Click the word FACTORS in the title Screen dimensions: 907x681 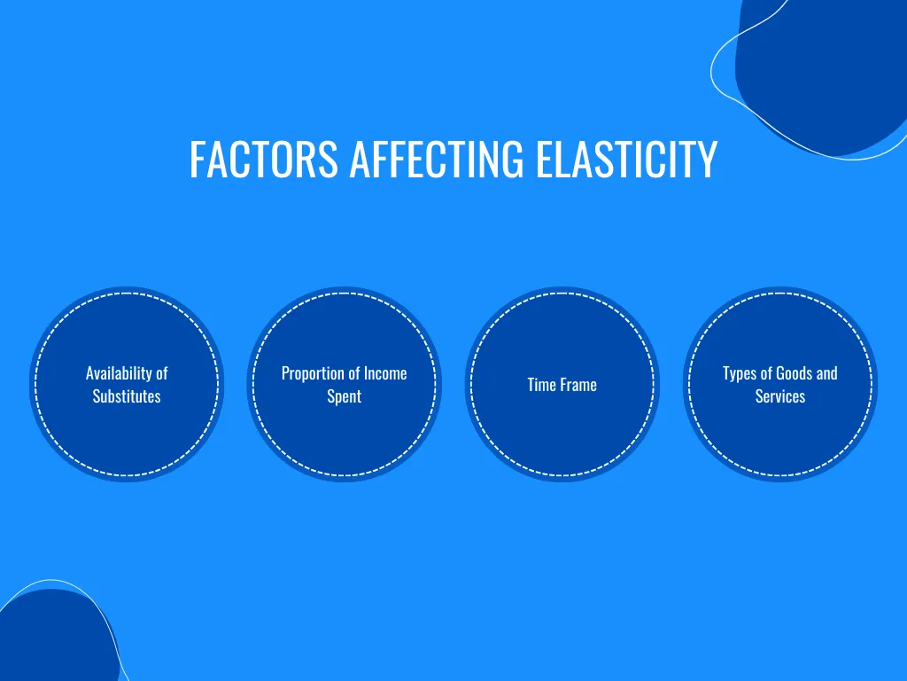[264, 159]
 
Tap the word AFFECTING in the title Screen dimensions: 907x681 [437, 159]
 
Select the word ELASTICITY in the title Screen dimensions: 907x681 [626, 159]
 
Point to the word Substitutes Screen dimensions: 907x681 [127, 396]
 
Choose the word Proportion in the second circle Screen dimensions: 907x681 [310, 373]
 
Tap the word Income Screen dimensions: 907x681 [385, 373]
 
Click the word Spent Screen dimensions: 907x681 [345, 396]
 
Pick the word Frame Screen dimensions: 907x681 [578, 385]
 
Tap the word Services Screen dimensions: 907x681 [780, 396]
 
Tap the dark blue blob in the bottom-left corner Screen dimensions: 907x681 [55, 637]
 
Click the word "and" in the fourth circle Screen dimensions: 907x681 [826, 373]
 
